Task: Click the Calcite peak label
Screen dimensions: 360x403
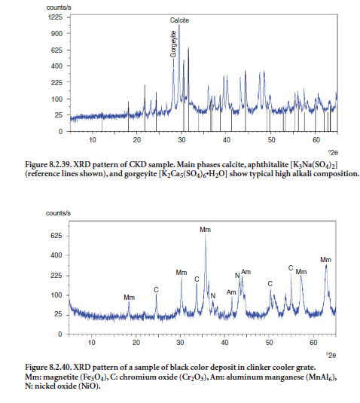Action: tap(179, 20)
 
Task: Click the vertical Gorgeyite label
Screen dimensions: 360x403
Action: tap(173, 44)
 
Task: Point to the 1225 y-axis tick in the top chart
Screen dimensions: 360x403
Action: tap(55, 17)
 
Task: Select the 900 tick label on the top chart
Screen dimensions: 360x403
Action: tap(56, 33)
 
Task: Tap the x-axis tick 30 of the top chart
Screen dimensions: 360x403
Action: tap(182, 140)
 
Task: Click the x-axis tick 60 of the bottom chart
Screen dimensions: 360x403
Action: tap(313, 343)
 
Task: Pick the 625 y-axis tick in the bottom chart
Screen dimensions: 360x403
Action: tap(56, 236)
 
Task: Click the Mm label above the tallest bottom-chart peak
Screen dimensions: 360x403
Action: tap(206, 230)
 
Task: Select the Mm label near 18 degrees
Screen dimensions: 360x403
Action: tap(129, 298)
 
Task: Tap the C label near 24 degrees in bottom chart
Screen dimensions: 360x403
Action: tap(156, 290)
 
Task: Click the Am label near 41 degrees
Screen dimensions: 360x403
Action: tap(231, 292)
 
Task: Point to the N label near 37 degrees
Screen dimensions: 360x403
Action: tap(213, 296)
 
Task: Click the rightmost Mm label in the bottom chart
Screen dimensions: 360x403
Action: tap(325, 260)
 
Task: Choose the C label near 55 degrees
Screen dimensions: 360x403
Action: tap(291, 268)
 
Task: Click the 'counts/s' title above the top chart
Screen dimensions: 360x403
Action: tap(59, 8)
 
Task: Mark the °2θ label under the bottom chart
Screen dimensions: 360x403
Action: tap(331, 356)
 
